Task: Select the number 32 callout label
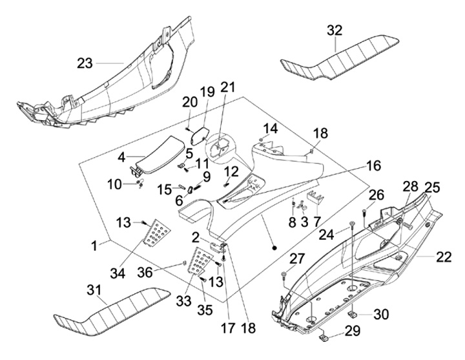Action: click(x=335, y=30)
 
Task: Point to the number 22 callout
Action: click(x=444, y=257)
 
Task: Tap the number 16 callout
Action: click(x=373, y=166)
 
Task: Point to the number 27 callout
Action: click(x=296, y=259)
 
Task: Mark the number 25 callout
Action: click(x=431, y=188)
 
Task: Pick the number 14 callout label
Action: click(x=269, y=127)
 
